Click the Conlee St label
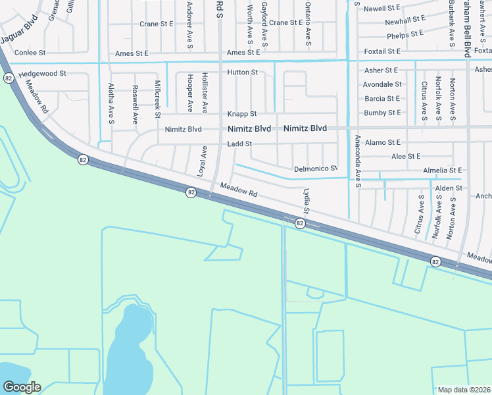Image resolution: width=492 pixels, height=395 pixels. pyautogui.click(x=29, y=53)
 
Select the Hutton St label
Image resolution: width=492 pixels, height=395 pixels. pyautogui.click(x=243, y=72)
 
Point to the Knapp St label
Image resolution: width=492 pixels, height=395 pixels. pyautogui.click(x=242, y=114)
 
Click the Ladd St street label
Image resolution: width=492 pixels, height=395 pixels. pyautogui.click(x=239, y=144)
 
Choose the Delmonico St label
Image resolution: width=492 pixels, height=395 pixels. pyautogui.click(x=315, y=169)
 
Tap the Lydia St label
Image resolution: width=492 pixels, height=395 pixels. pyautogui.click(x=306, y=201)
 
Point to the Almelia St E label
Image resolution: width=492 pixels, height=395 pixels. pyautogui.click(x=443, y=171)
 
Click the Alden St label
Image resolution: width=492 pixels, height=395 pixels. pyautogui.click(x=449, y=188)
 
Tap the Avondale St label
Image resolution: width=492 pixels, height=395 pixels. pyautogui.click(x=382, y=84)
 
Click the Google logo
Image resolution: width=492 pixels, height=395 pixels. pyautogui.click(x=22, y=387)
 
